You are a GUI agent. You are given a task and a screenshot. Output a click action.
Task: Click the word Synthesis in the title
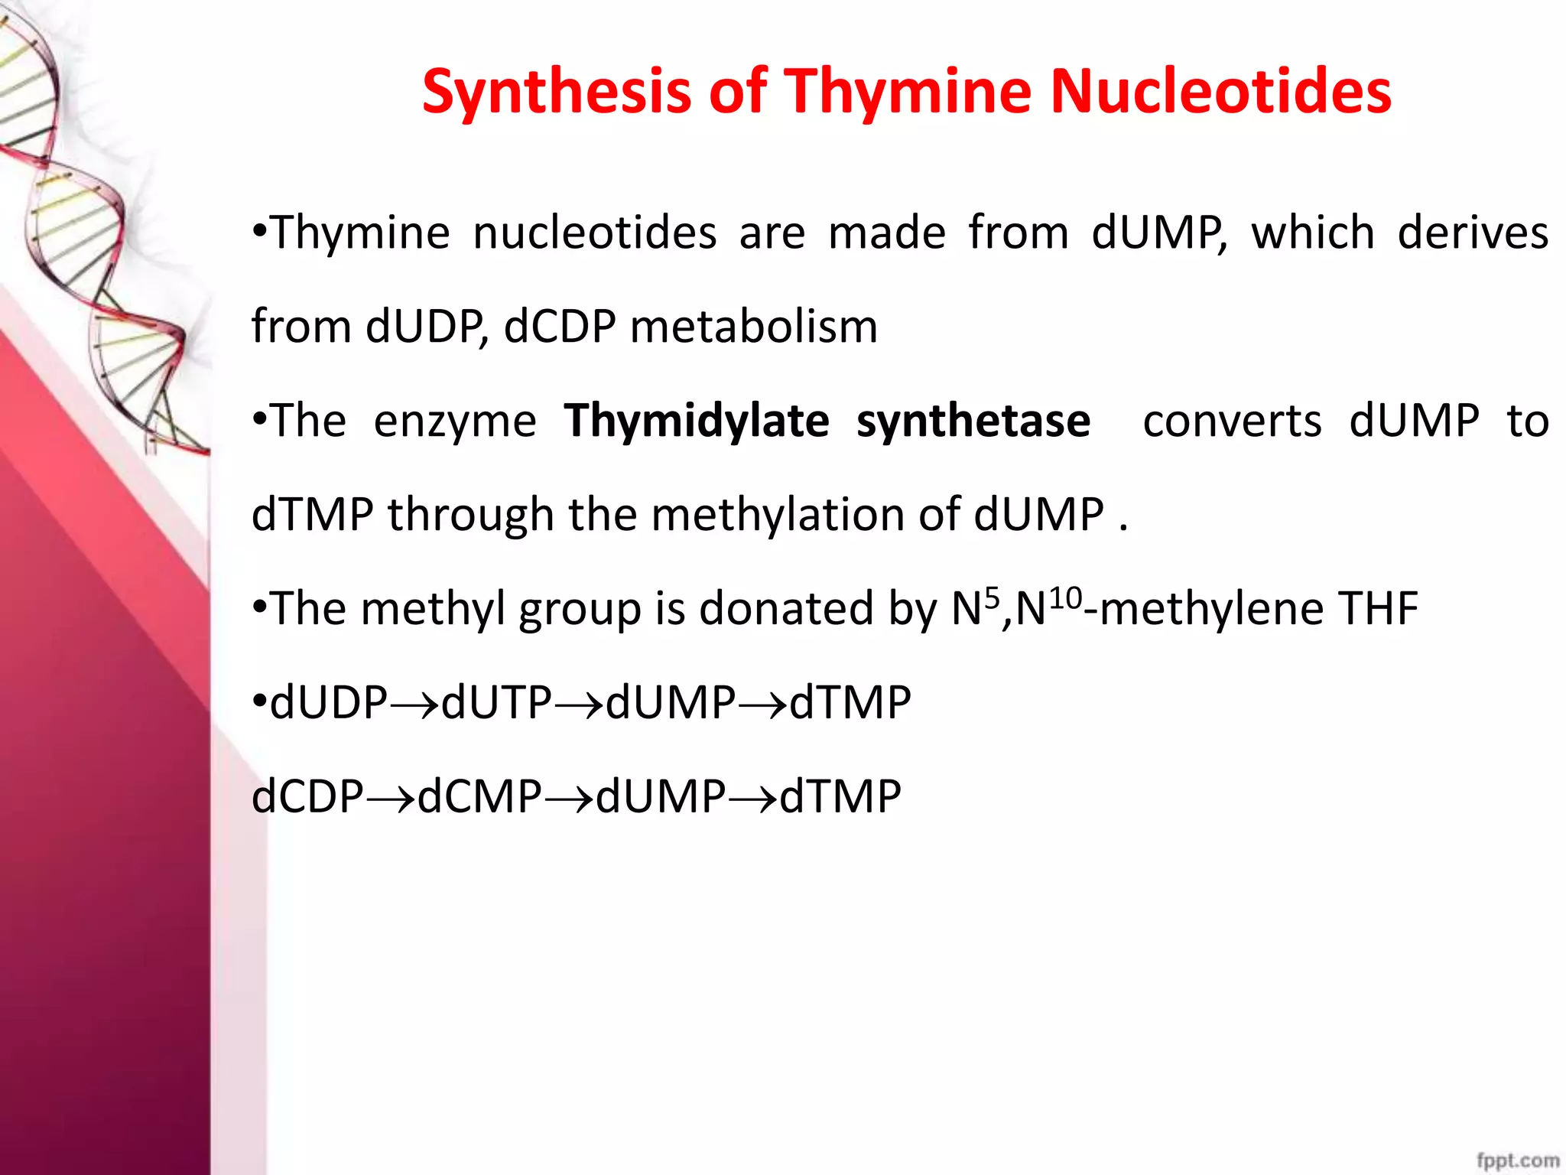point(556,92)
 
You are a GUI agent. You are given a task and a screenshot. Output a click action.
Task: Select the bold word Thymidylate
point(696,421)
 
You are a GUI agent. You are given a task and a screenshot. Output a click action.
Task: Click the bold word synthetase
point(973,421)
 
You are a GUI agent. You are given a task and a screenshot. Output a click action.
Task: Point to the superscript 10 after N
point(1065,597)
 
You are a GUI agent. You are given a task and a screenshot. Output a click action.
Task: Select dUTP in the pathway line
point(496,702)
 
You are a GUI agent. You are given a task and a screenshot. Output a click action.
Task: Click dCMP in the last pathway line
point(479,796)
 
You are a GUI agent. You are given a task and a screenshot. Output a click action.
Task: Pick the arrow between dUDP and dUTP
point(414,704)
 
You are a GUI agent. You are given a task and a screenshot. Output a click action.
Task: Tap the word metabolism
point(753,327)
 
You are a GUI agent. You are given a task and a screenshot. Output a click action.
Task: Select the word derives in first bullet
point(1472,233)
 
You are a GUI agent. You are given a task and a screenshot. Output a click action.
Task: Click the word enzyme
point(455,422)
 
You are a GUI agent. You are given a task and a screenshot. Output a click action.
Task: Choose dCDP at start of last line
point(307,796)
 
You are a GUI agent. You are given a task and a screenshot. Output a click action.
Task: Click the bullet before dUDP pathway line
point(260,701)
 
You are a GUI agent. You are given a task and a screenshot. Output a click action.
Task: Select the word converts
point(1231,421)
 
